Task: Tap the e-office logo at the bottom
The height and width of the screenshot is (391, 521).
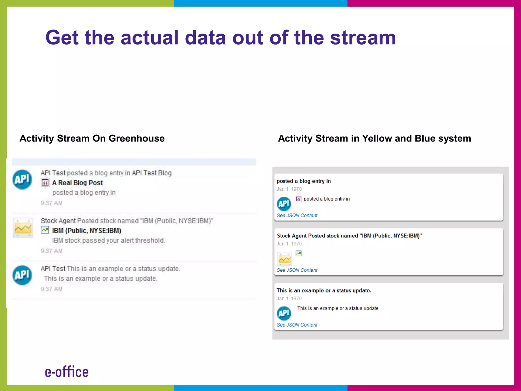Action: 67,372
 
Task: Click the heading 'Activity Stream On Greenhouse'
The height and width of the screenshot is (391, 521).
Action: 92,138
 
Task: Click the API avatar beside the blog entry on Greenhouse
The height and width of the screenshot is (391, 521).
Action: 22,179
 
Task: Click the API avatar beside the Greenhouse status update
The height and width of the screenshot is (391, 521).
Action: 22,275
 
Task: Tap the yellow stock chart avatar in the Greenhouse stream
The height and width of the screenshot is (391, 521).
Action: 23,228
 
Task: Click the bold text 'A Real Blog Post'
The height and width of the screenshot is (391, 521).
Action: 77,183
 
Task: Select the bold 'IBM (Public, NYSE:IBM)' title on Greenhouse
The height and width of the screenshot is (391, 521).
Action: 86,231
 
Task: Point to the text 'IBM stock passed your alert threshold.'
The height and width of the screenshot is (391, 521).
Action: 109,241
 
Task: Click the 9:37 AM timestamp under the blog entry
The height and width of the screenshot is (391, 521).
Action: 51,203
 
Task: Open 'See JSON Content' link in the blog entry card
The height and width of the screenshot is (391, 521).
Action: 297,215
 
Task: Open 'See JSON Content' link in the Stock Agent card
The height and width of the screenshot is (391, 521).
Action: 297,270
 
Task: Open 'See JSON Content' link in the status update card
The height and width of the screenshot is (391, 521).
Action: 297,325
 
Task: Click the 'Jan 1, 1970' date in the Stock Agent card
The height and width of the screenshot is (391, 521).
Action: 289,244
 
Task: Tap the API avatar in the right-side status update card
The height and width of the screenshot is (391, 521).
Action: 284,313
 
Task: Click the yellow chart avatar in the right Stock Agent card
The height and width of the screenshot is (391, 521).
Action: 284,259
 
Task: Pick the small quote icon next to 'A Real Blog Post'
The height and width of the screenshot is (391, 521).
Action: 45,183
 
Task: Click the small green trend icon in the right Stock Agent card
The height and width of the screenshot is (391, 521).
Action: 298,253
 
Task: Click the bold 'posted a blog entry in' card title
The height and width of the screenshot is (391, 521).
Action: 303,181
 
